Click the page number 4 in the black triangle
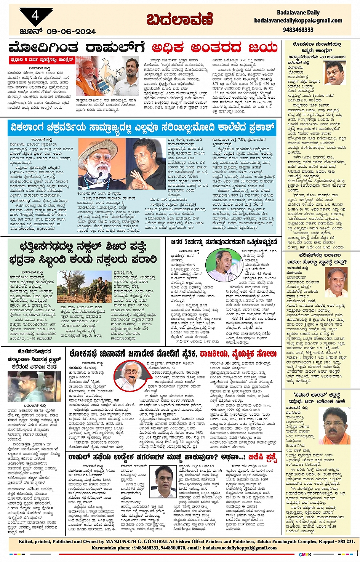(x=35, y=16)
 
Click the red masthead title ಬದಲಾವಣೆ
(x=180, y=19)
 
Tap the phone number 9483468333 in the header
(x=298, y=29)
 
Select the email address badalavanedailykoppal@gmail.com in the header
(x=298, y=21)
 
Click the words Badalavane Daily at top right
(x=298, y=13)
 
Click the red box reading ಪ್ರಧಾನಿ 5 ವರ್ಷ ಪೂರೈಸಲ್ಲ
(x=42, y=60)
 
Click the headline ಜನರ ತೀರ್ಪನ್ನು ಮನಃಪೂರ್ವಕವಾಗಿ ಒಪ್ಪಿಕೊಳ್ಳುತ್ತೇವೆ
(x=224, y=242)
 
